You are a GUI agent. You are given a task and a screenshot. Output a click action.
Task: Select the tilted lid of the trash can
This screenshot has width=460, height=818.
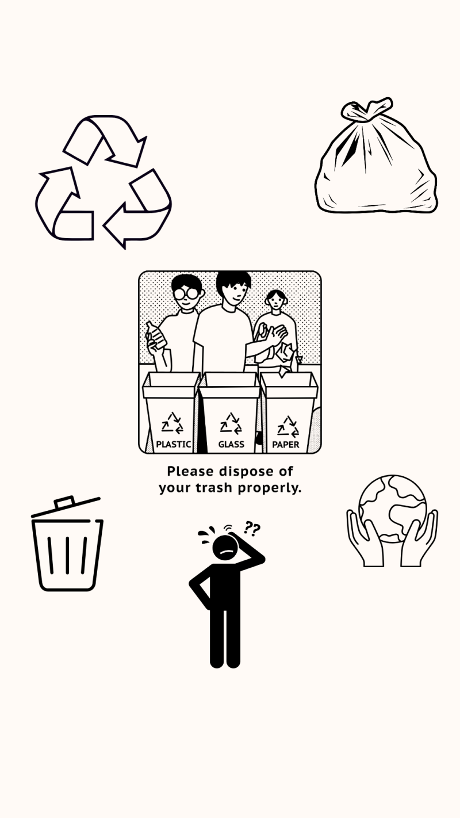click(x=66, y=507)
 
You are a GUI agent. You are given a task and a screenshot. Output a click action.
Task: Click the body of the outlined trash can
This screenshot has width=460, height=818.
click(x=67, y=555)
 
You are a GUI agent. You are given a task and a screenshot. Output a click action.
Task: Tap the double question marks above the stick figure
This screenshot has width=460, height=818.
click(x=252, y=529)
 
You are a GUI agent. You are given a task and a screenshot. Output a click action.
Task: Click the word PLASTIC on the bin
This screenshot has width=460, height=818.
click(x=174, y=444)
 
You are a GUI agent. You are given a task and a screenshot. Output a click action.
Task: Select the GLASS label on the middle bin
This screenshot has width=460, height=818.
click(x=231, y=444)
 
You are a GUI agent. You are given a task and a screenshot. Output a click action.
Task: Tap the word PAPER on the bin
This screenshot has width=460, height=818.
click(x=286, y=445)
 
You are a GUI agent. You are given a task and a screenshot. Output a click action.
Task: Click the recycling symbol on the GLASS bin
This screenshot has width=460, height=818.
click(x=231, y=423)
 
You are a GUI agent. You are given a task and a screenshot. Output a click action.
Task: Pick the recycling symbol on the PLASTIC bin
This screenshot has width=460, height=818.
click(x=172, y=423)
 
